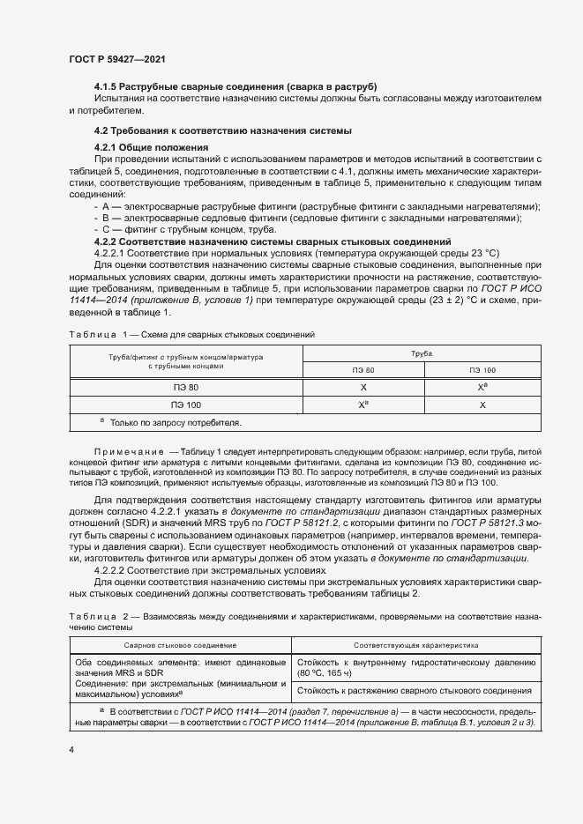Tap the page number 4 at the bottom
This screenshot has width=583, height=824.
(x=71, y=749)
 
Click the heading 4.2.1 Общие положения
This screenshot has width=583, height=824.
(x=151, y=146)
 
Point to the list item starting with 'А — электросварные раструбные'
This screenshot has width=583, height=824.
(x=318, y=206)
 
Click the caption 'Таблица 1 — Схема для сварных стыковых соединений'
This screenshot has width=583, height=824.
(x=191, y=336)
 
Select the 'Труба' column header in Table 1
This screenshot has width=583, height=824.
(x=422, y=353)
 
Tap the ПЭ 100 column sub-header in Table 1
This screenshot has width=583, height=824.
(x=482, y=370)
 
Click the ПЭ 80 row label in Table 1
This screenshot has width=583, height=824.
(x=185, y=387)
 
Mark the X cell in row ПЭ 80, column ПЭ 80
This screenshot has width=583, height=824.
(x=363, y=387)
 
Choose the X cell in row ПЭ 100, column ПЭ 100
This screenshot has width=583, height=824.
(x=482, y=405)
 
